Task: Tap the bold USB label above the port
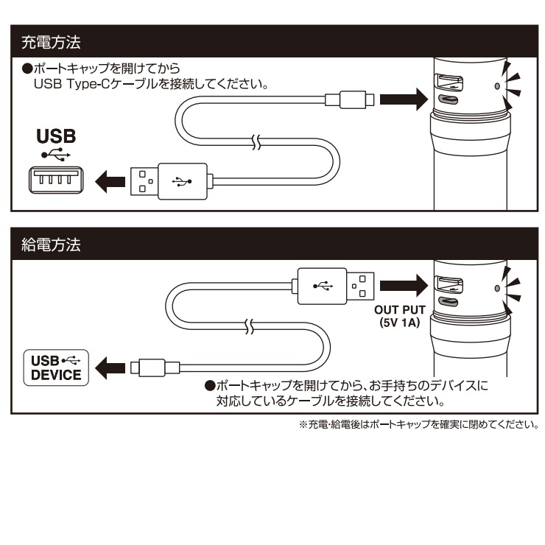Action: pos(56,138)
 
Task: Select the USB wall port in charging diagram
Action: pos(56,179)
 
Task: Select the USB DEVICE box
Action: pos(56,365)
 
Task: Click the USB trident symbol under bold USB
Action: pos(56,155)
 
